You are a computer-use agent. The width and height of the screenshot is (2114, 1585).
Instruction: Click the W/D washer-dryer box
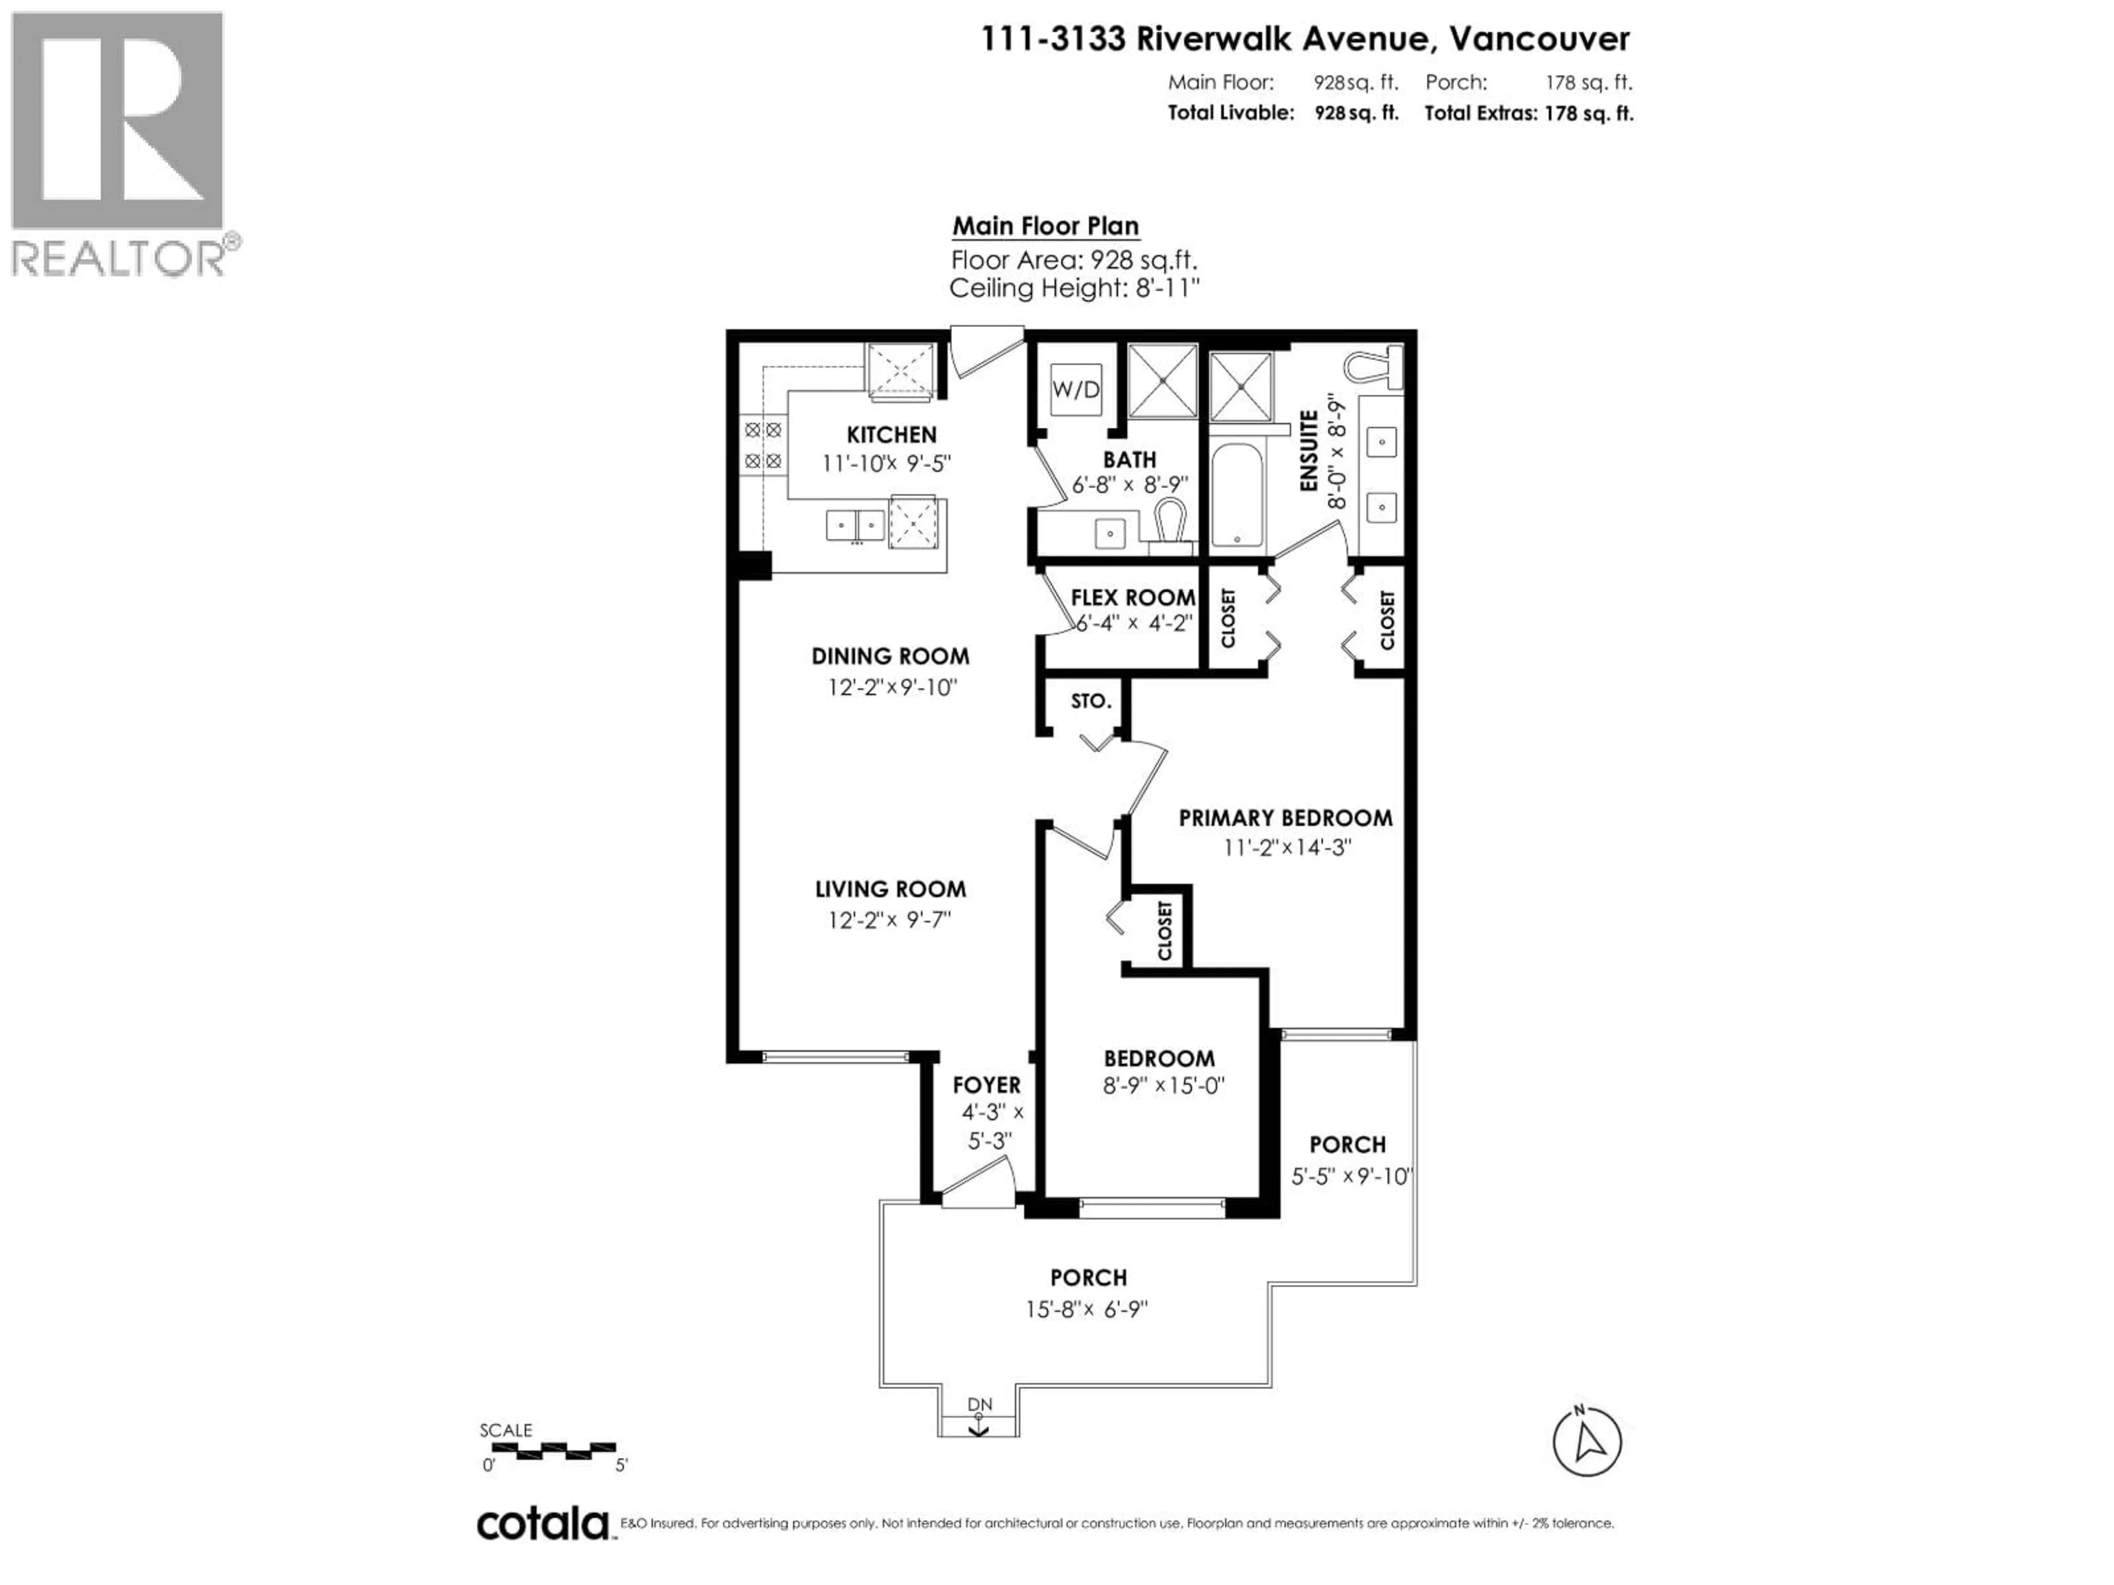(1076, 389)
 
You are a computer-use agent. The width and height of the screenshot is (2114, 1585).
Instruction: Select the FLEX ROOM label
(1132, 598)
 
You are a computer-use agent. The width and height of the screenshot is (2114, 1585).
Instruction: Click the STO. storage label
(1091, 701)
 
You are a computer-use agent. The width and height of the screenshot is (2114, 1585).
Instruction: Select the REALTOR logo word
(118, 258)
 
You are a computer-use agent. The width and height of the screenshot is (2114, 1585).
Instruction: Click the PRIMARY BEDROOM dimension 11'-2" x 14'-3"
(1287, 848)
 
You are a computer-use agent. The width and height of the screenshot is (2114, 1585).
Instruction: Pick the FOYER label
(987, 1085)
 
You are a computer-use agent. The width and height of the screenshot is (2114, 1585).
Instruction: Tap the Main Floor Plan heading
(1045, 226)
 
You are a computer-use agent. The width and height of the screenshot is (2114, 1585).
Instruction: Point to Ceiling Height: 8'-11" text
(1074, 288)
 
